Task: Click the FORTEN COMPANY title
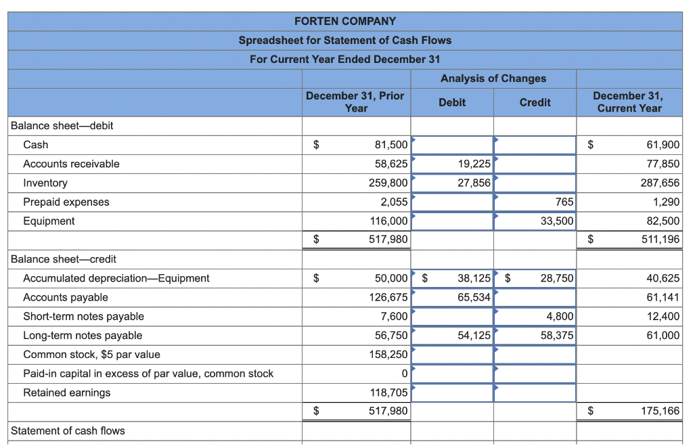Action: click(345, 21)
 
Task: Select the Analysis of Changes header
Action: click(493, 79)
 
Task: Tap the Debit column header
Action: click(451, 102)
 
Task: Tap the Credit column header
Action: click(535, 102)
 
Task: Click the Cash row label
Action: click(36, 145)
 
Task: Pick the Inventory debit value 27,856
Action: click(474, 183)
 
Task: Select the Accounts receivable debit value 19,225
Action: click(474, 164)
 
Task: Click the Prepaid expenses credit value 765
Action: click(564, 202)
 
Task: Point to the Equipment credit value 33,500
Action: click(557, 221)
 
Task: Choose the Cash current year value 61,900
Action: click(663, 145)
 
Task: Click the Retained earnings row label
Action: click(67, 393)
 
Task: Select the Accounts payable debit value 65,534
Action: click(474, 298)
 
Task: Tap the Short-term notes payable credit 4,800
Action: click(560, 317)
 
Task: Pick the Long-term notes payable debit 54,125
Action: click(474, 336)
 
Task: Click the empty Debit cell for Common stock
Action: click(452, 355)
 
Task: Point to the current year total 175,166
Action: click(661, 411)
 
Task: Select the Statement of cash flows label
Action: click(68, 430)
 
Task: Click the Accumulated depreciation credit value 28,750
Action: click(557, 278)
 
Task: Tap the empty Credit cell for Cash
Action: click(535, 145)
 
